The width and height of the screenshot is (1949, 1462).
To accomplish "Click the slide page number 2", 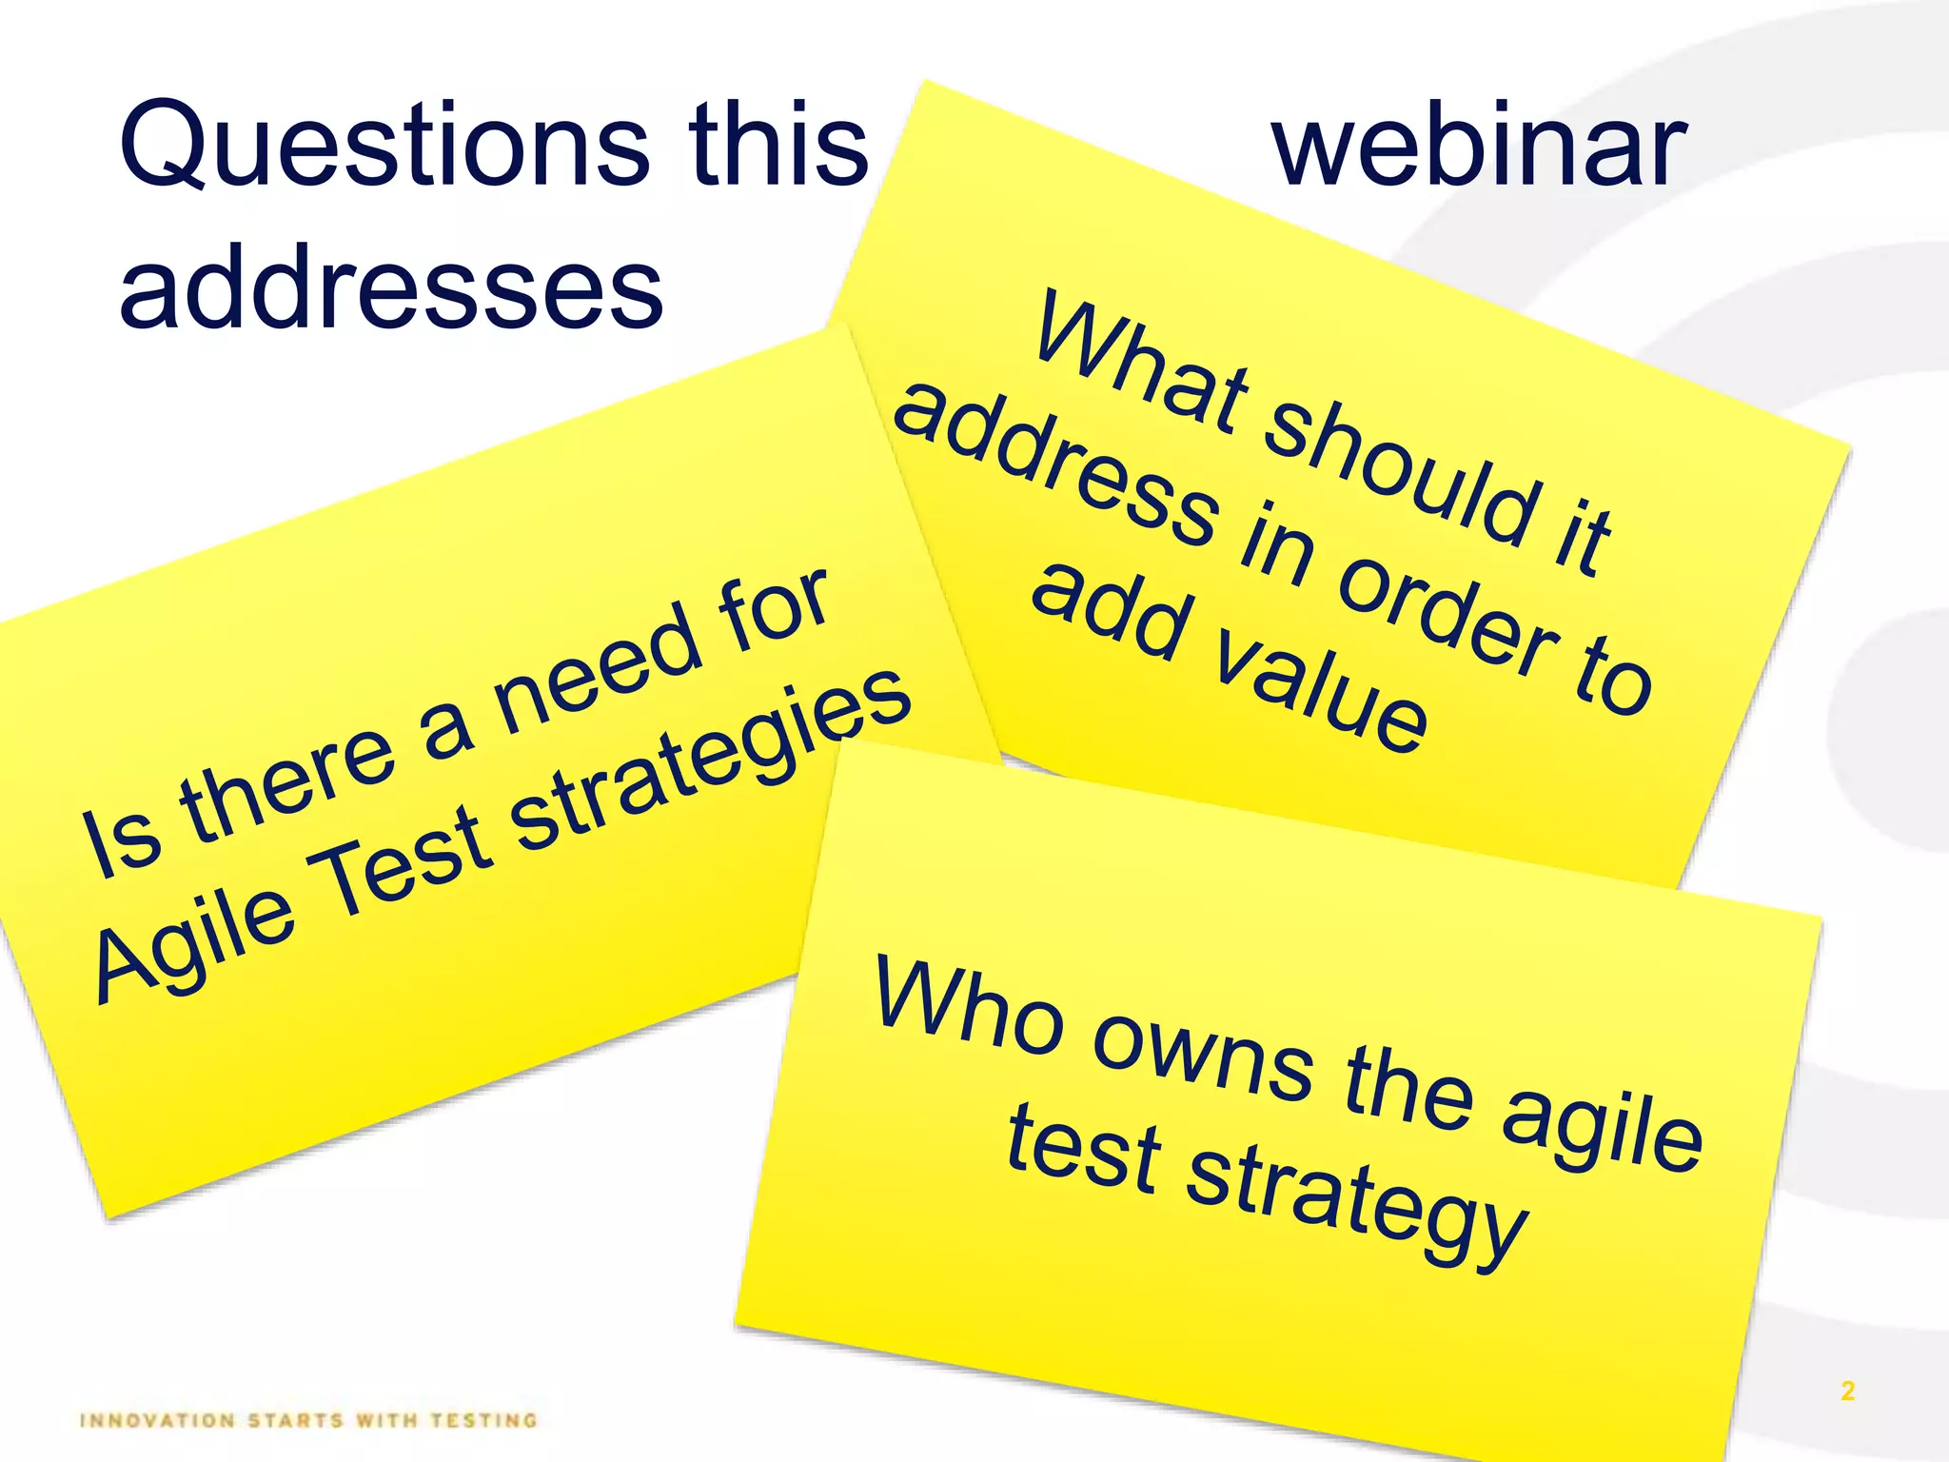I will [1847, 1391].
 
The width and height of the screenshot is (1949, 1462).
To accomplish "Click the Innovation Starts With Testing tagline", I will [309, 1421].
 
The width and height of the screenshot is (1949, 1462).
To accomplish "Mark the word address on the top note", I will [1056, 466].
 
